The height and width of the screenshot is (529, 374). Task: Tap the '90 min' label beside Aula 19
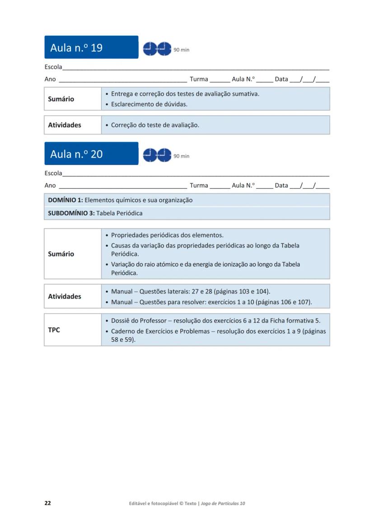point(181,50)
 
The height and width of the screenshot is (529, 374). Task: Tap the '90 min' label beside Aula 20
point(181,156)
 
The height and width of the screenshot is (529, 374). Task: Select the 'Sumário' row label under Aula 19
point(61,99)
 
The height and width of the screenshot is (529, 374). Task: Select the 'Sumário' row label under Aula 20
point(61,254)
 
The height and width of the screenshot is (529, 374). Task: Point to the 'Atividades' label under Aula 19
point(65,125)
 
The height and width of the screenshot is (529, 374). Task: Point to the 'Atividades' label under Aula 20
point(65,296)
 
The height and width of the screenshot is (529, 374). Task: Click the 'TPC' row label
point(54,330)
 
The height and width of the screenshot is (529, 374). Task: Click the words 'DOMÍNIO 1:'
point(65,200)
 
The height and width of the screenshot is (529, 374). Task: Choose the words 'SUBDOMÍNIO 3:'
point(71,213)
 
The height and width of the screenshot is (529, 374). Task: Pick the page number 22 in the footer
point(47,503)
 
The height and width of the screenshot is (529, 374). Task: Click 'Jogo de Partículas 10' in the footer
point(223,503)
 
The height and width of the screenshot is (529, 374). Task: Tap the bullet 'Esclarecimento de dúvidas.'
point(149,104)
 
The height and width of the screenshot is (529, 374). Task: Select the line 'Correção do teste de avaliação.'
point(155,125)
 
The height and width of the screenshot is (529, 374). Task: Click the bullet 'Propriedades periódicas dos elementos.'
point(167,235)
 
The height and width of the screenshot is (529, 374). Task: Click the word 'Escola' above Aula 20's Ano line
point(53,173)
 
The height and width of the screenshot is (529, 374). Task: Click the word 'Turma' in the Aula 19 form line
point(199,79)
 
